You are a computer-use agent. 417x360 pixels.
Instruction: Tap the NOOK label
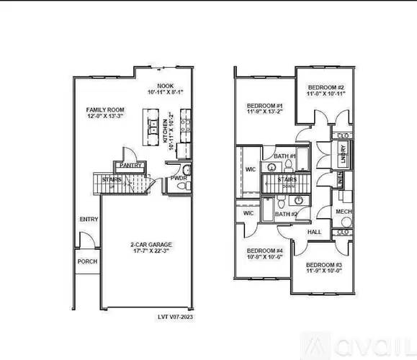coord(166,85)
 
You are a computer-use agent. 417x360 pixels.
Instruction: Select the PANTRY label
coord(130,165)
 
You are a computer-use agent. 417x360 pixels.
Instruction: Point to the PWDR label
coord(178,179)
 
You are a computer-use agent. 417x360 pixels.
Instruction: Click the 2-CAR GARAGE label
coord(152,245)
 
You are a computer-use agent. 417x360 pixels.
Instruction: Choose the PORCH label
coord(87,261)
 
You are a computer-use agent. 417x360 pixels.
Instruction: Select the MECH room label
coord(344,211)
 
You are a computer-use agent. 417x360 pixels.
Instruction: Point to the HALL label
coord(314,232)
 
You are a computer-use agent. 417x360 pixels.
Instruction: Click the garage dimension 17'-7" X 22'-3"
coord(151,252)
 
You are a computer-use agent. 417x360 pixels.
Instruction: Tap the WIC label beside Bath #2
coord(249,213)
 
